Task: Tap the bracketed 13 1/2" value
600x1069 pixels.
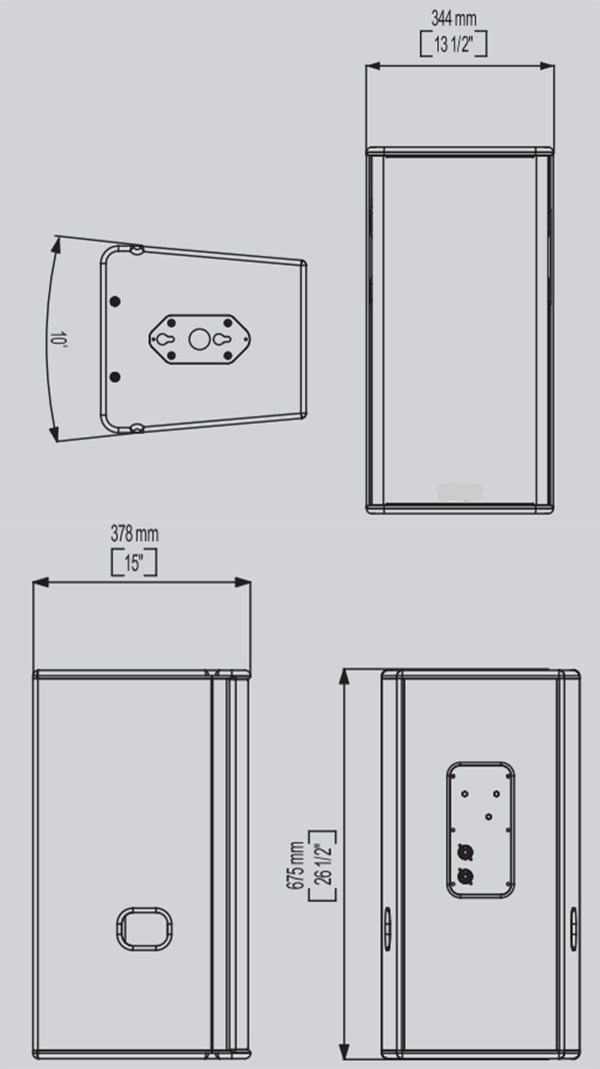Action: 454,44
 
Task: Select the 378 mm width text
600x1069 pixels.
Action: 134,534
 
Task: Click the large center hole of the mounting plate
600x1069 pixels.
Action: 199,339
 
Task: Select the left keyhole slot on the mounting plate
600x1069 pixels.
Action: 165,339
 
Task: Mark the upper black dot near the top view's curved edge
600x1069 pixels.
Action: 115,301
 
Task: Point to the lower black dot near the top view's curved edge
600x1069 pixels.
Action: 115,377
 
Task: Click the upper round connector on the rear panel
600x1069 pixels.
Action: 464,851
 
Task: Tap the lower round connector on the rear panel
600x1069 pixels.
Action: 464,877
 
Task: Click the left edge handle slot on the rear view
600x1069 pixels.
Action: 387,928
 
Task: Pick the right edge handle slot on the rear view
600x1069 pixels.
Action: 573,928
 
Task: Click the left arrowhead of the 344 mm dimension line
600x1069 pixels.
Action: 372,66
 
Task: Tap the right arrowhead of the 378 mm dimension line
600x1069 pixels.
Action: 244,582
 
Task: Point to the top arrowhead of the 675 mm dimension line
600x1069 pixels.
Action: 345,676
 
